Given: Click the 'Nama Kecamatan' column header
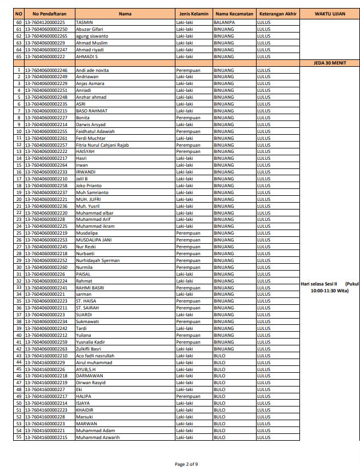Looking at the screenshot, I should coord(233,13).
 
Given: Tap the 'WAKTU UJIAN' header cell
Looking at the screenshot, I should coord(329,13).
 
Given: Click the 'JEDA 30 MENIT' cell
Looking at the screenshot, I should coord(329,63).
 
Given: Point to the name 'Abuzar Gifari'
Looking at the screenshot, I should coord(90,29).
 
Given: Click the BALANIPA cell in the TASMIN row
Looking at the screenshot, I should coord(225,22).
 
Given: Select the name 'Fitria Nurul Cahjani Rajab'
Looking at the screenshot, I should coord(102,145).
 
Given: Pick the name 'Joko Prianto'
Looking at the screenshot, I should coord(89,186).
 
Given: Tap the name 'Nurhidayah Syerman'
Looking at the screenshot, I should coord(98,260).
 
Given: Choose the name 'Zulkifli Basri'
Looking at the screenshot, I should coord(89,349).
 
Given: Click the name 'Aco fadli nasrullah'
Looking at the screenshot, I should coord(95,356).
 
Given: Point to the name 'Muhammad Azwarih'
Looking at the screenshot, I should coord(98,437).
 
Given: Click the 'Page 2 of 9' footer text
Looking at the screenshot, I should coord(186,464).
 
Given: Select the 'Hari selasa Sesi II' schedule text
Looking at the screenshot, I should coord(320,283).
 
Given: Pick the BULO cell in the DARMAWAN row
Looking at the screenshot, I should coord(219,376).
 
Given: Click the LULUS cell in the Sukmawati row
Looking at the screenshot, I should coord(263,321).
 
